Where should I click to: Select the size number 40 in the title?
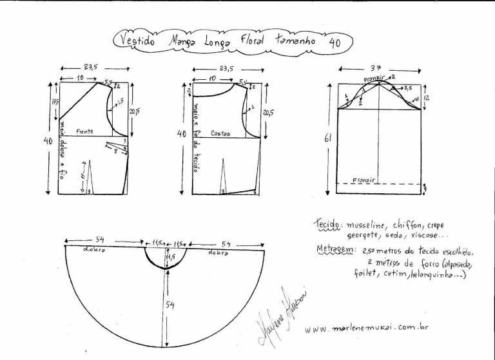point(335,43)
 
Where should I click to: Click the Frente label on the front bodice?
point(84,131)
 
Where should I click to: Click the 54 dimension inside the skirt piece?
point(170,304)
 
